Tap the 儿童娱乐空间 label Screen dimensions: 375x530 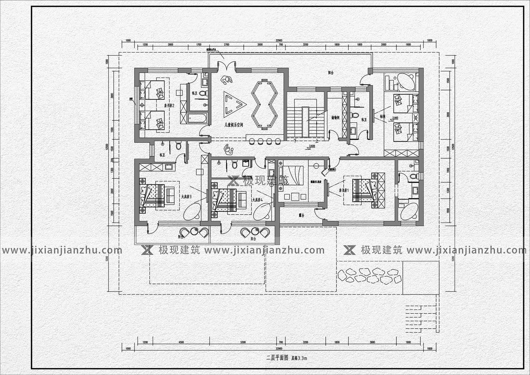click(234, 125)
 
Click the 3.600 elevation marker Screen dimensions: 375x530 click(312, 146)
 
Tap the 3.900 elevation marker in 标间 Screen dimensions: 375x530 click(395, 118)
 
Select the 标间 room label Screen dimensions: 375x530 click(383, 117)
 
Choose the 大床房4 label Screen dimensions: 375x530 click(257, 200)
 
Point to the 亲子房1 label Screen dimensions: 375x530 click(344, 191)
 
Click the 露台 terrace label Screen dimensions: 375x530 click(301, 215)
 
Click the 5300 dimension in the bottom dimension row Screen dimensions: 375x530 click(243, 342)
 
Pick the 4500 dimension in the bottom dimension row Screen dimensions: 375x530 click(181, 342)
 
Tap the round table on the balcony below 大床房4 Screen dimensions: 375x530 click(255, 230)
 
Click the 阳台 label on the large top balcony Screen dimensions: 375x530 click(331, 73)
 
